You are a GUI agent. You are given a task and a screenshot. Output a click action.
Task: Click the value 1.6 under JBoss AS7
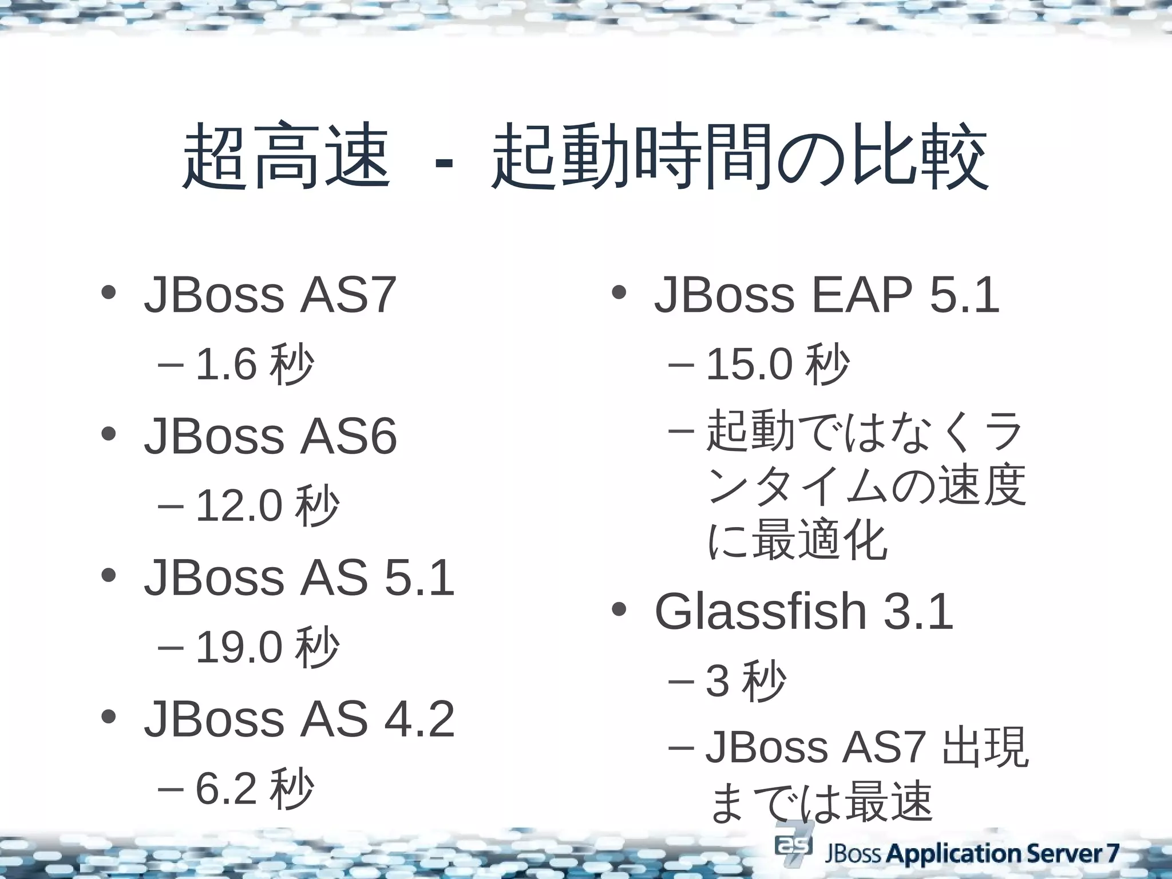225,365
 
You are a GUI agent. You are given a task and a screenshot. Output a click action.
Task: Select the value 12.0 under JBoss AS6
239,506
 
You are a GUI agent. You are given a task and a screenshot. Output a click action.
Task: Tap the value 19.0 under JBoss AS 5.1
239,648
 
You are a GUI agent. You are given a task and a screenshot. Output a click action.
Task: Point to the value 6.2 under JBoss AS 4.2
225,789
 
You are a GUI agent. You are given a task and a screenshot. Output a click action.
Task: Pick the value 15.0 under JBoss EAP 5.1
749,365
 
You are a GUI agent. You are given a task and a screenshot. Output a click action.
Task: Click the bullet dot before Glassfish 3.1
619,610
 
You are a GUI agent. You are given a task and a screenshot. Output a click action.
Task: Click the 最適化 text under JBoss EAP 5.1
819,541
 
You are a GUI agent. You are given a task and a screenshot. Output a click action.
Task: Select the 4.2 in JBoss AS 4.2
419,719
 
